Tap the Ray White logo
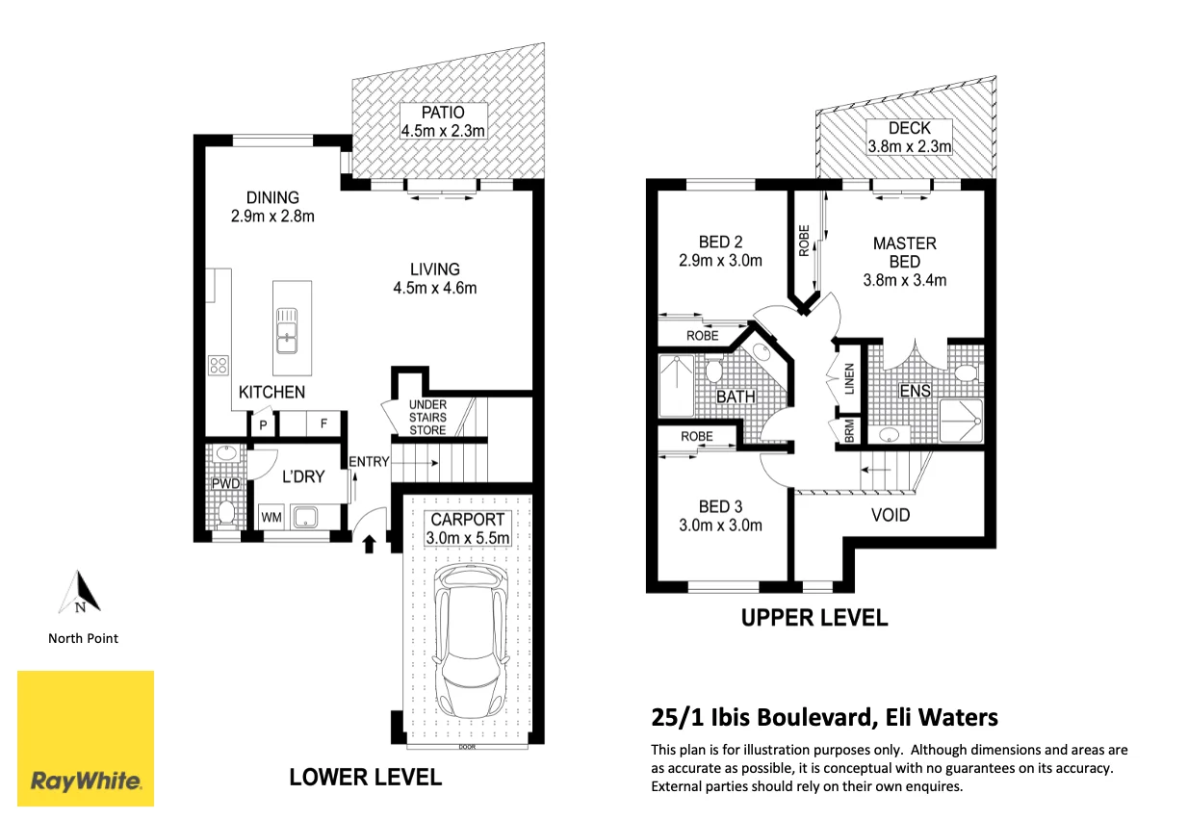[86, 738]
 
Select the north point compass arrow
[80, 592]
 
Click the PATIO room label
[443, 113]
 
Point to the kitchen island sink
[287, 331]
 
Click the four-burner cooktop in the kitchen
[219, 365]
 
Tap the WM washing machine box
[271, 517]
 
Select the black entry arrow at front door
[369, 544]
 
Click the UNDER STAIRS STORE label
[427, 417]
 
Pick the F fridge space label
[323, 423]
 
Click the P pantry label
[263, 425]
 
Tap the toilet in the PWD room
[226, 512]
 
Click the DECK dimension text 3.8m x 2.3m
[910, 145]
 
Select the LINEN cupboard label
[850, 378]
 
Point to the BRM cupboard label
[850, 431]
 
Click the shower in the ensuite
[961, 421]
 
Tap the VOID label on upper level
[891, 515]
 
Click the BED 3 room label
[720, 506]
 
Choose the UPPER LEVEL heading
[814, 618]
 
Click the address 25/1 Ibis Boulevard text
[762, 717]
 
